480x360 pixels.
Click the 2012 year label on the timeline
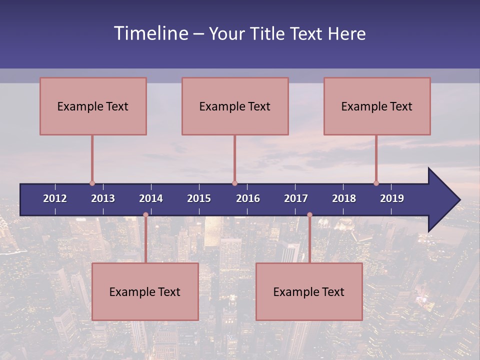[x=55, y=198]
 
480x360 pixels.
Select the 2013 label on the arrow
[x=103, y=198]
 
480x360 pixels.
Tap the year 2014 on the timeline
[x=151, y=198]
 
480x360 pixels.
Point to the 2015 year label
[x=199, y=198]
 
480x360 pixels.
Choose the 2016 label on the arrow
[x=248, y=198]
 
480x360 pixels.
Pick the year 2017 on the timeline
[x=296, y=198]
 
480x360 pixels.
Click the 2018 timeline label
[x=344, y=198]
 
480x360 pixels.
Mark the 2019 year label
[x=392, y=198]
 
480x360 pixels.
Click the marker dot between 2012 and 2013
[x=92, y=183]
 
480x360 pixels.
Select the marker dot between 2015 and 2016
[x=234, y=183]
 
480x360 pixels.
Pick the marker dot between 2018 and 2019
[x=376, y=183]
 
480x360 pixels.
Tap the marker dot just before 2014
[x=145, y=215]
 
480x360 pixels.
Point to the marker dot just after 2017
[x=309, y=215]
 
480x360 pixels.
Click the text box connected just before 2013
[x=93, y=106]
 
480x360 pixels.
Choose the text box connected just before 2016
[x=235, y=106]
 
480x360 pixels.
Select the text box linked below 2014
[x=145, y=291]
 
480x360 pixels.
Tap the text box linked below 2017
[x=309, y=291]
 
